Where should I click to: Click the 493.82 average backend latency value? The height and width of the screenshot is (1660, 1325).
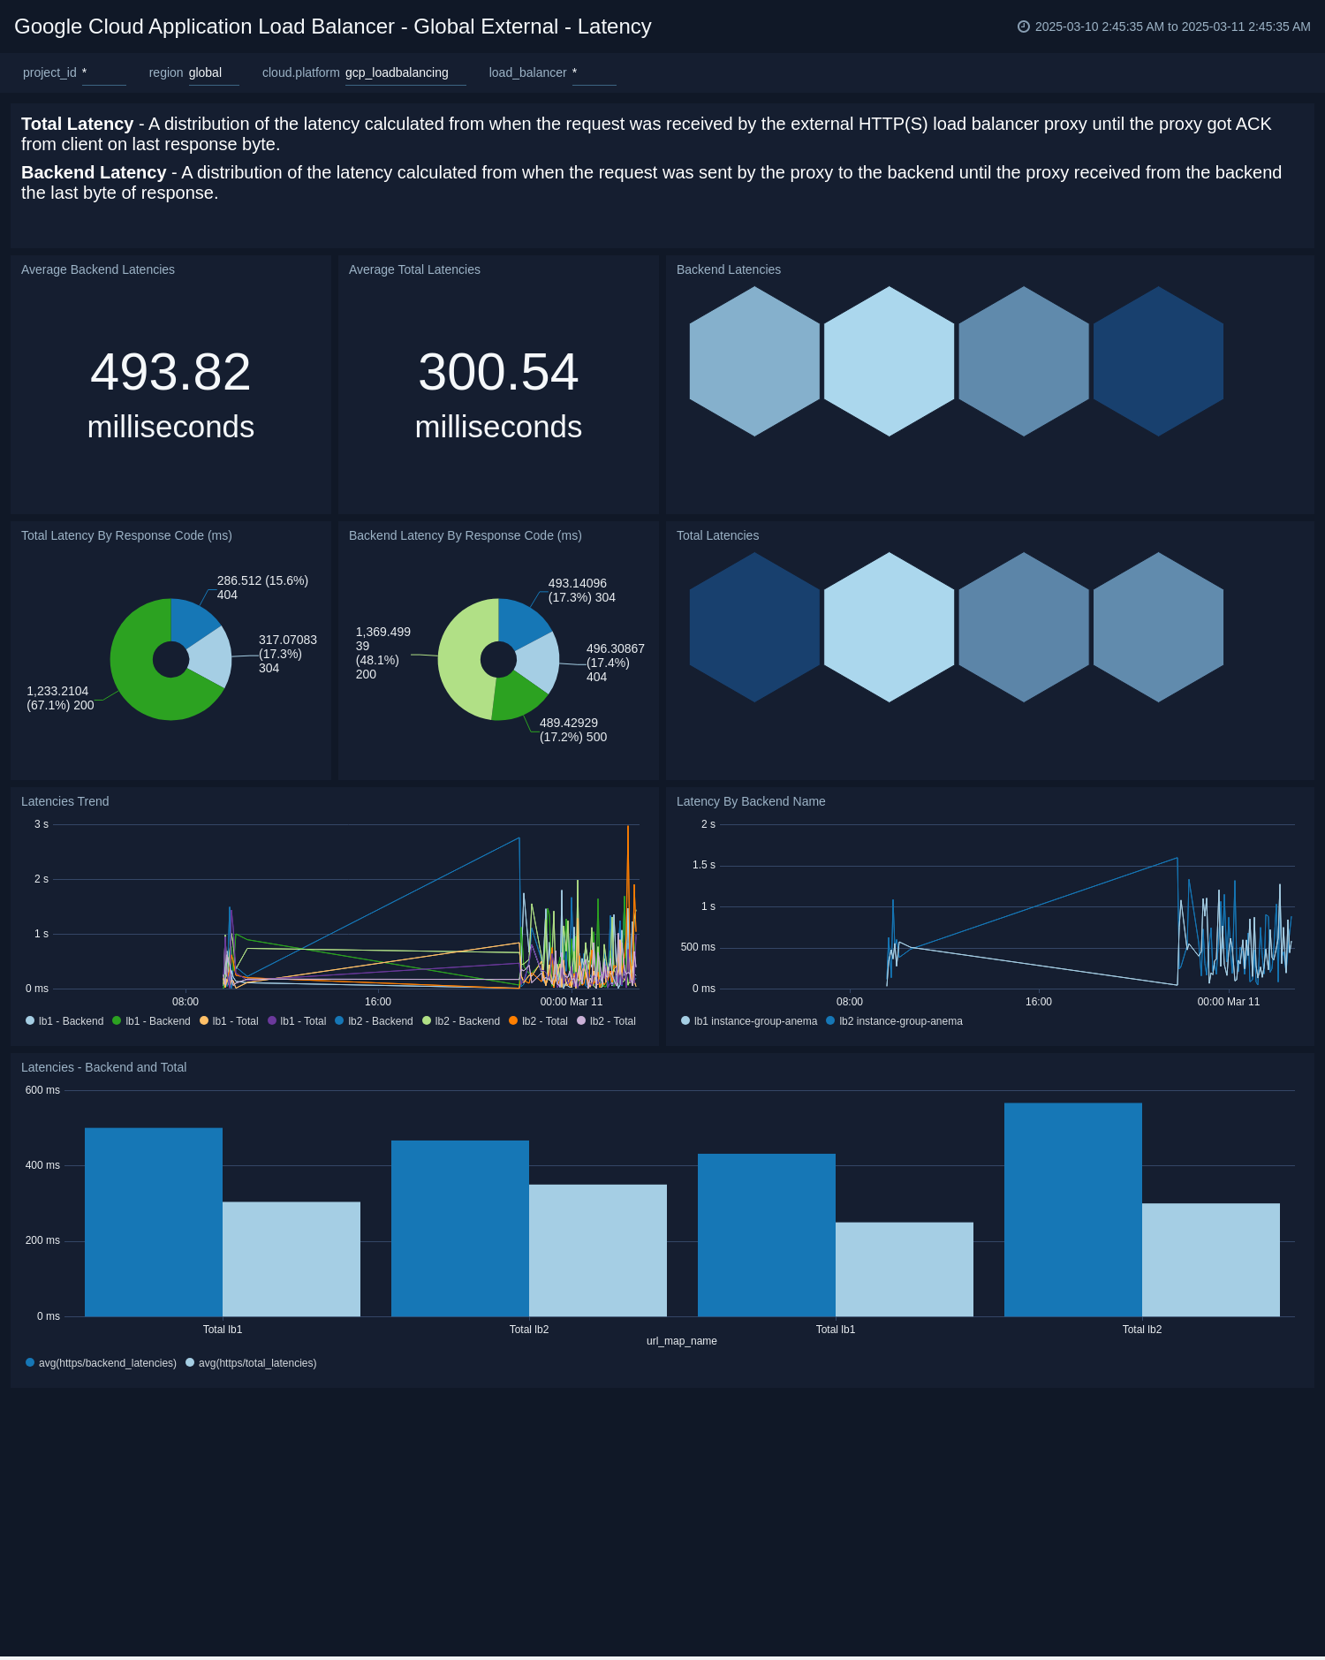coord(170,372)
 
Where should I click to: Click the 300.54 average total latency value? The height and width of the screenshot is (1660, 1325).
coord(498,372)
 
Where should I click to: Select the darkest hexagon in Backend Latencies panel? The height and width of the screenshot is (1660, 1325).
coord(1158,361)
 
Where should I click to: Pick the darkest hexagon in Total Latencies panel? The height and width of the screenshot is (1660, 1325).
coord(754,627)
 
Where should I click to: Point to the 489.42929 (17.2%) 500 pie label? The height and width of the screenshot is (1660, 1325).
coord(572,730)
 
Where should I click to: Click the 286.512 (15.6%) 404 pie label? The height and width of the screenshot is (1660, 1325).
coord(262,587)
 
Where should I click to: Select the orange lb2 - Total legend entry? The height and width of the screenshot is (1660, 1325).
coord(539,1021)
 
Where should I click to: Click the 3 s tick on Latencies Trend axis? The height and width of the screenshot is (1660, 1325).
coord(42,824)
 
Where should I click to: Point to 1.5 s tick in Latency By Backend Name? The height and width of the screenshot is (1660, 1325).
coord(704,865)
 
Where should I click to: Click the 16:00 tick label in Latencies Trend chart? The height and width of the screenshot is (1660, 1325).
coord(378,1002)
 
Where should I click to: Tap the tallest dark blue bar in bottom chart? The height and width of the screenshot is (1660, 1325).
coord(1072,1210)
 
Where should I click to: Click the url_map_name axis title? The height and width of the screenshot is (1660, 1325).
coord(681,1341)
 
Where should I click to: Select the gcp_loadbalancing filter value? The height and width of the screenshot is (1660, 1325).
coord(397,72)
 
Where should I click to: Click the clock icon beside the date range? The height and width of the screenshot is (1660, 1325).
coord(1024,27)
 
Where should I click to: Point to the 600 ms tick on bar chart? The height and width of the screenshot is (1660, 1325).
coord(42,1090)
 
